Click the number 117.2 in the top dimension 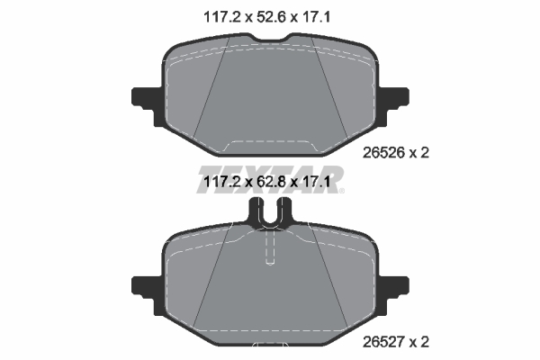(221, 17)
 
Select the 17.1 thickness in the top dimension (316, 17)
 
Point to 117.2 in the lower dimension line (221, 181)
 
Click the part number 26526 (383, 153)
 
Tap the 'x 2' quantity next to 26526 (419, 153)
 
